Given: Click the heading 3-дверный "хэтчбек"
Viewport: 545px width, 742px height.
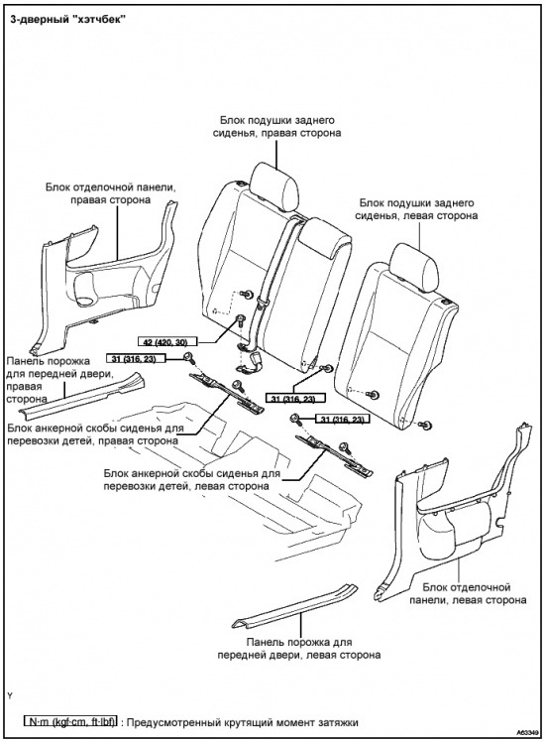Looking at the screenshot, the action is [67, 21].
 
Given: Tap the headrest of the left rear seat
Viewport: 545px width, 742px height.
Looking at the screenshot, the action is [414, 270].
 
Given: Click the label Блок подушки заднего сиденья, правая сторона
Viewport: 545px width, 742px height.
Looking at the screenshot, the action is [276, 126].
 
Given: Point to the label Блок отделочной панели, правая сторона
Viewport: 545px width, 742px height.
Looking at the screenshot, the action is [111, 193].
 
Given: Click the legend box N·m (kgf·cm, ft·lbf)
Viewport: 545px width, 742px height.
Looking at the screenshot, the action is [70, 722].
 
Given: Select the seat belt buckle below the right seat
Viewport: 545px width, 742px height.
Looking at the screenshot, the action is [252, 360].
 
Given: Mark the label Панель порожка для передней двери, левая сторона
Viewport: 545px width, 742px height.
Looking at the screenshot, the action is [299, 649].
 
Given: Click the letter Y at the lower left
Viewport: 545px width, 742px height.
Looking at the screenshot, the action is [10, 695].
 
